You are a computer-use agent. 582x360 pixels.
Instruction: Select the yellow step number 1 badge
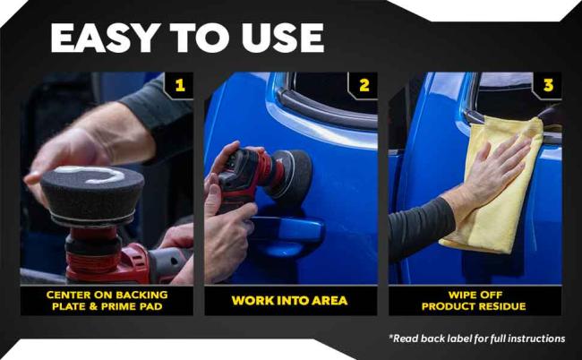click(180, 86)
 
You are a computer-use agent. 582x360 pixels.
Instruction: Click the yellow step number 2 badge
click(364, 86)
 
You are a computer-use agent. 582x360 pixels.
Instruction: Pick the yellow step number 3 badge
click(547, 86)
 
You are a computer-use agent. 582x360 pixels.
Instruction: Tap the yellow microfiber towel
click(497, 188)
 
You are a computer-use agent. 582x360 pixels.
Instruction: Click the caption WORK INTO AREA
click(290, 300)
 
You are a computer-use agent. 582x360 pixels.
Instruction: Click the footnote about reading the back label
click(476, 339)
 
